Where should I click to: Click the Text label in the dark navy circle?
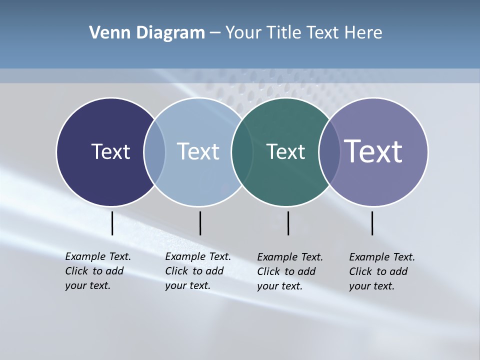pos(110,151)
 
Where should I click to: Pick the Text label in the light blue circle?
pos(198,151)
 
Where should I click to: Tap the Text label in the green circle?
pos(285,151)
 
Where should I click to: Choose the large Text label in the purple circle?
pos(373,151)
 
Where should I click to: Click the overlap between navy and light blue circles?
pos(154,152)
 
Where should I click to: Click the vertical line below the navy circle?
pos(112,223)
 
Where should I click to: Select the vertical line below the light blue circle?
pos(200,223)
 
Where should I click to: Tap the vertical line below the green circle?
pos(288,223)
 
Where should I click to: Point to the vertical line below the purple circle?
pos(372,223)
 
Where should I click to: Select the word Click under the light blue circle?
pos(176,271)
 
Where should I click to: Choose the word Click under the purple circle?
pos(360,271)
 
